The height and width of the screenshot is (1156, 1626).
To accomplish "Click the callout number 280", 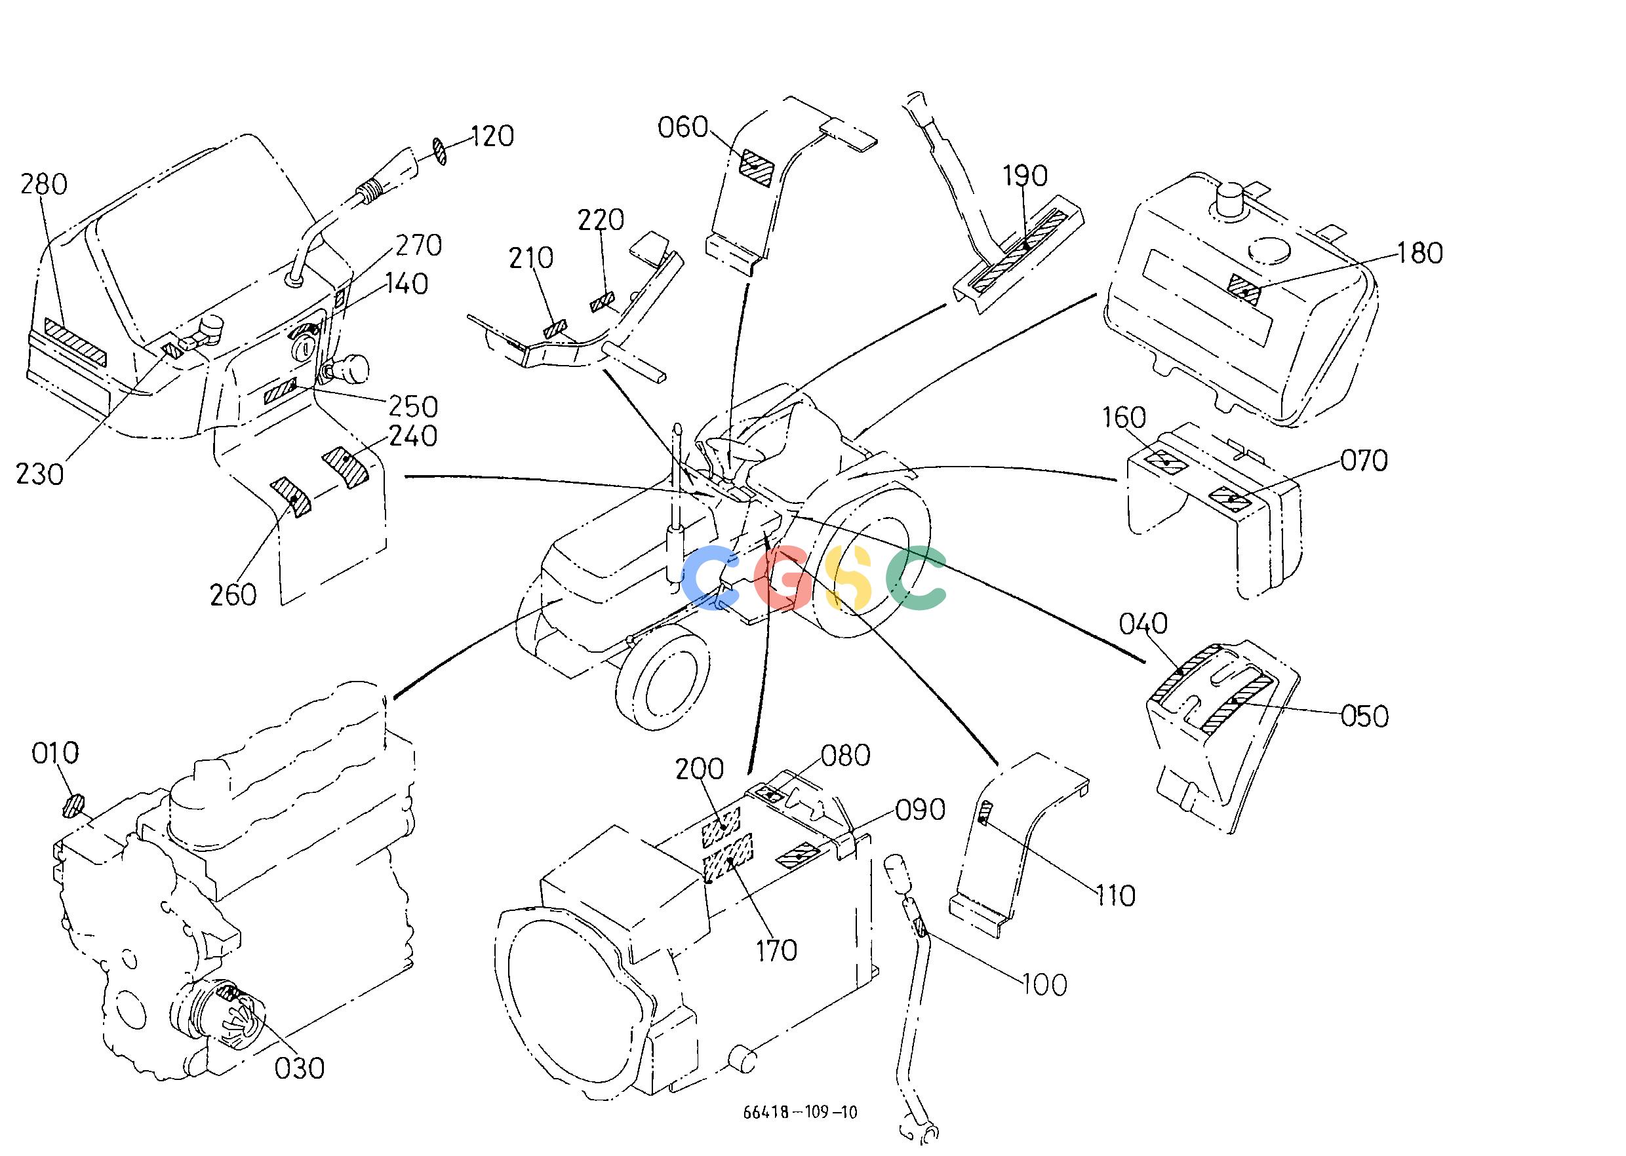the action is (43, 184).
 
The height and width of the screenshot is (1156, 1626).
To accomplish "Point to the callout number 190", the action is (1025, 176).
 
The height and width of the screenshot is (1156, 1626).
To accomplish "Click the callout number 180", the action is (1420, 253).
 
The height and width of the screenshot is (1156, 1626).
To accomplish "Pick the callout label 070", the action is (1364, 461).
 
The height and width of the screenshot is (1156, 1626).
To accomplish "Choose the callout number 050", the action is (1364, 716).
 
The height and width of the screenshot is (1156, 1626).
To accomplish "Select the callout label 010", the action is (55, 752).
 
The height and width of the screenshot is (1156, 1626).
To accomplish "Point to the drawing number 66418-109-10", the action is (800, 1112).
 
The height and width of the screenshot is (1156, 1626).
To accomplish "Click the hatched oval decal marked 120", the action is (440, 151).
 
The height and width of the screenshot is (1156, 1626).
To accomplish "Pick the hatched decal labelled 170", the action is (728, 858).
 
